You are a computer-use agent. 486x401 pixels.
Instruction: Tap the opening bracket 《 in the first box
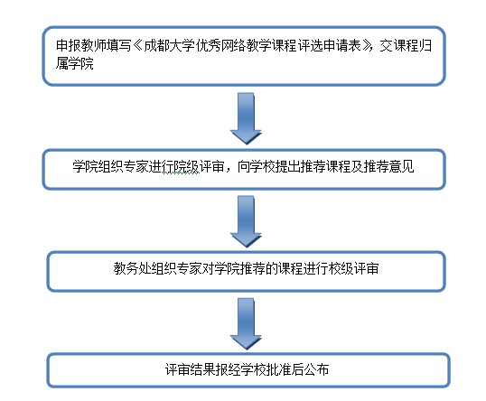click(x=137, y=44)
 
